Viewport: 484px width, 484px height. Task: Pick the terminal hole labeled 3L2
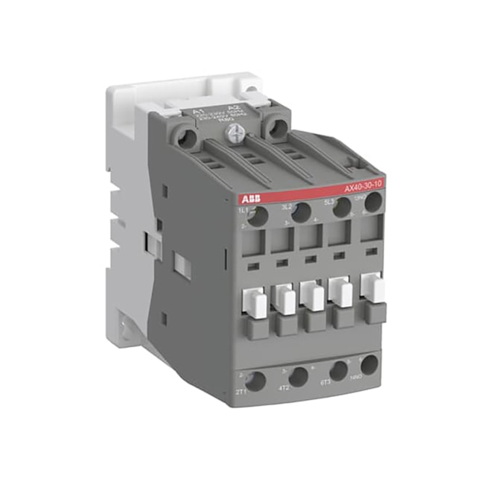[301, 212]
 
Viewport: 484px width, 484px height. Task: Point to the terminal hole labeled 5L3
[342, 208]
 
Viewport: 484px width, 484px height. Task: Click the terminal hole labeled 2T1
[255, 382]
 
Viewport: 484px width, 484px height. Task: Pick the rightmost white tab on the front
[375, 286]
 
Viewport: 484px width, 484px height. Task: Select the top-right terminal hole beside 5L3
[373, 202]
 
